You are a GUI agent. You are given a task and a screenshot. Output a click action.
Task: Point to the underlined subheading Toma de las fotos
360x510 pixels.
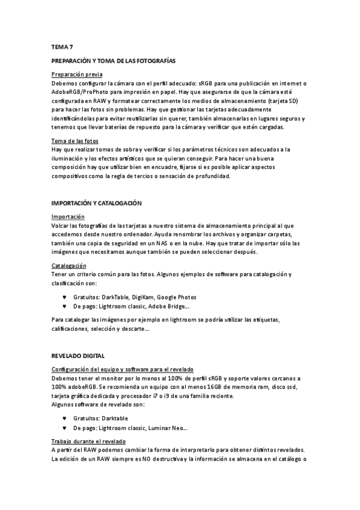click(75, 141)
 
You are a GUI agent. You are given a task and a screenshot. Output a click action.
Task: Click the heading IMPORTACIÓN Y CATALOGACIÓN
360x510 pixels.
click(96, 204)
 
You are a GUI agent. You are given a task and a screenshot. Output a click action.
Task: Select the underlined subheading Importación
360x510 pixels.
click(68, 217)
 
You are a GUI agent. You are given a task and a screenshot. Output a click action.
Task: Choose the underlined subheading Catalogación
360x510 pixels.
click(69, 265)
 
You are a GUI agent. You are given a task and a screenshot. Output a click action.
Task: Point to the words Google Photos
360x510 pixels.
click(178, 297)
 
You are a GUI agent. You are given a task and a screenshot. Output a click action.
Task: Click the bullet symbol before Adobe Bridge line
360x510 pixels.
click(64, 306)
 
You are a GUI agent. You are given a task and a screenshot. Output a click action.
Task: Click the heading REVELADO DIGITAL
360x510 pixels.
click(78, 356)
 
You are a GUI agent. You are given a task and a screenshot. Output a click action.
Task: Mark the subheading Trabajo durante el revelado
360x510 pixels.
click(88, 441)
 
